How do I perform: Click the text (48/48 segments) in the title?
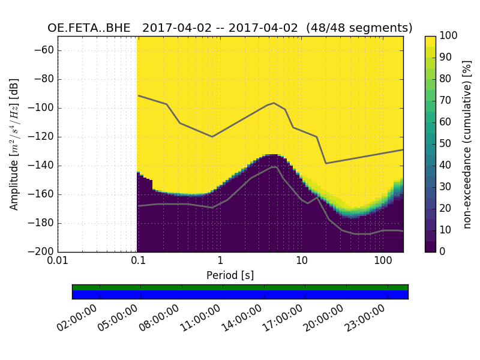[359, 28]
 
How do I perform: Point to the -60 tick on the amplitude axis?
[46, 50]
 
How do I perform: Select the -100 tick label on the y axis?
[43, 108]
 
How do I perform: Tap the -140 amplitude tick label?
[43, 166]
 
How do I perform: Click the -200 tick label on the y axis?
[43, 251]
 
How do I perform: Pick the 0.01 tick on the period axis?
[58, 262]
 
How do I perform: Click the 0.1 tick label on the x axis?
[139, 262]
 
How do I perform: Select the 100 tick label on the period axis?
[383, 262]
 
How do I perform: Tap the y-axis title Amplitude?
[14, 144]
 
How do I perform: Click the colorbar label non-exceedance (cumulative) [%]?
[467, 144]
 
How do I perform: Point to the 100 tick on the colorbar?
[449, 36]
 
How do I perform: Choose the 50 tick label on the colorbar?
[446, 144]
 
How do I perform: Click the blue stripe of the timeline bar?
[240, 295]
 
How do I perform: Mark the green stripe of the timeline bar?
[240, 287]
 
